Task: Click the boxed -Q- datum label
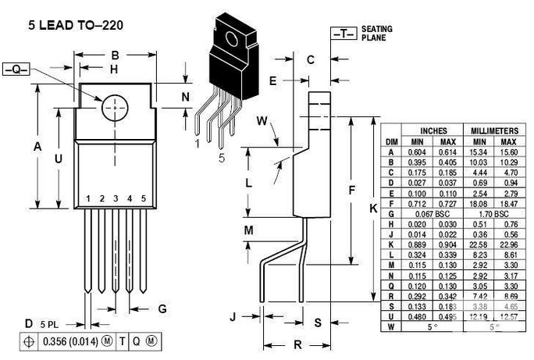(x=16, y=70)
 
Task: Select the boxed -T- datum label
(x=344, y=34)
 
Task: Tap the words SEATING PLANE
(x=377, y=33)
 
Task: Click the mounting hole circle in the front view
(x=114, y=107)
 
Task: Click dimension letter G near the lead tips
(x=162, y=308)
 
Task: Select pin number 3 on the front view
(x=116, y=198)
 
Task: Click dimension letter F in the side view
(x=351, y=190)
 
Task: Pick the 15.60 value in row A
(x=509, y=151)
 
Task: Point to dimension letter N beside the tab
(x=185, y=97)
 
